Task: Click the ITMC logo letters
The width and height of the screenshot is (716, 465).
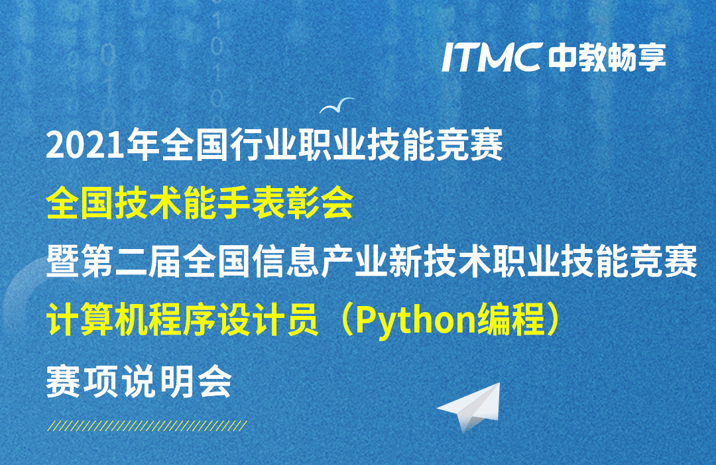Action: [492, 57]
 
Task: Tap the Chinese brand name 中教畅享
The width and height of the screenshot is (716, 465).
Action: [607, 58]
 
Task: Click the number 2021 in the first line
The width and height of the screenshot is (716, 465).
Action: [86, 146]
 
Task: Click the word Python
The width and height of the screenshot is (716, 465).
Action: [416, 321]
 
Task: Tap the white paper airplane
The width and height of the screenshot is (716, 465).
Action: [470, 406]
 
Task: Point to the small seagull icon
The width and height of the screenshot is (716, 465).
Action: [337, 105]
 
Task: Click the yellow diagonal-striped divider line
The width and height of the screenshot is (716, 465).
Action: [147, 426]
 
